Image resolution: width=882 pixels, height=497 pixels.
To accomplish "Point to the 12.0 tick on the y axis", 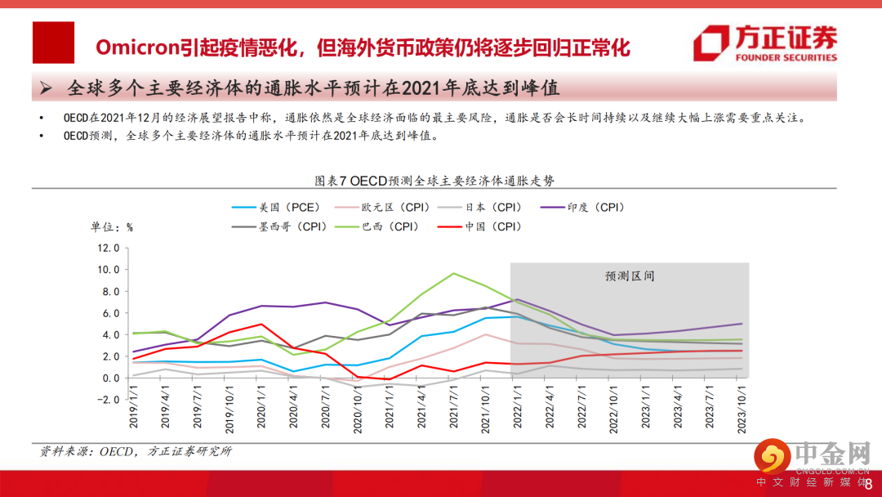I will click(109, 248).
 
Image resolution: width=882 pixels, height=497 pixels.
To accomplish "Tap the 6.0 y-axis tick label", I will click(110, 313).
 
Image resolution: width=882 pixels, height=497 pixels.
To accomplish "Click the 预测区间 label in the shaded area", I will click(630, 276).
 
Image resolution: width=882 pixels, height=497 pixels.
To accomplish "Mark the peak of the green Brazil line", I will click(454, 273).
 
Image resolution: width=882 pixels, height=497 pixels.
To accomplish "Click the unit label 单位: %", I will click(111, 226).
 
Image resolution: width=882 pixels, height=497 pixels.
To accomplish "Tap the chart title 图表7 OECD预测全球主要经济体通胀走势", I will click(440, 180).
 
